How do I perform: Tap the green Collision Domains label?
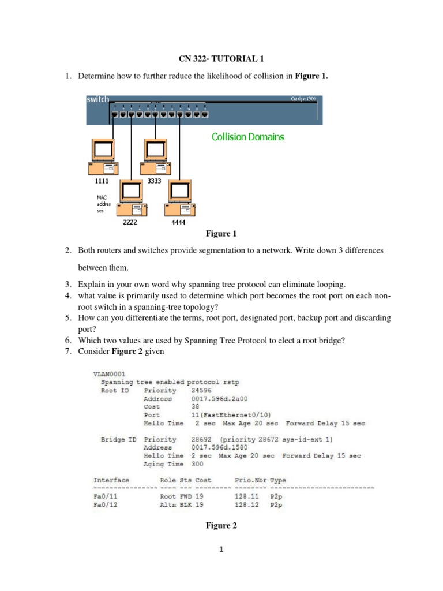coord(247,137)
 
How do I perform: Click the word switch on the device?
coord(97,99)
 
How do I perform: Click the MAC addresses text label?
coord(103,204)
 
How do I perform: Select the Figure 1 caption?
coord(221,234)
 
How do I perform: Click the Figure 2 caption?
coord(221,525)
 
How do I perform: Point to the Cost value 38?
coord(194,406)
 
